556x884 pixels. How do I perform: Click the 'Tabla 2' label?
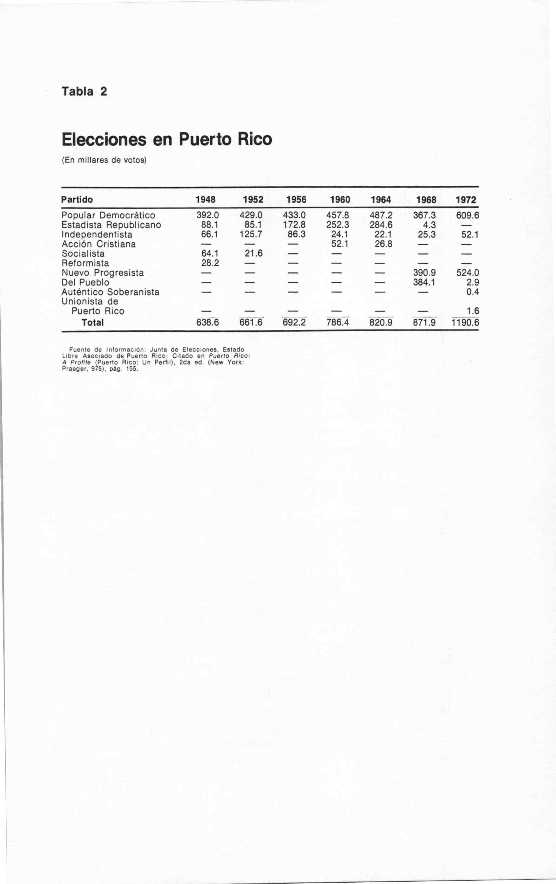(84, 91)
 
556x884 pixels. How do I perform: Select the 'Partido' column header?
(77, 200)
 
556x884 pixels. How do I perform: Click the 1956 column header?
(296, 200)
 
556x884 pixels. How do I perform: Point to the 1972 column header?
(466, 200)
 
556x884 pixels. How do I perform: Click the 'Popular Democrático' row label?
(108, 215)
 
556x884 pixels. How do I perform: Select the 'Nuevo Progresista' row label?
(103, 273)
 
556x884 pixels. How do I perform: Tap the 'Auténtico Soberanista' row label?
(111, 292)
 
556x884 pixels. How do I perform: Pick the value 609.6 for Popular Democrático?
(468, 215)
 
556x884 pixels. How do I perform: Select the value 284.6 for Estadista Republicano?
(381, 225)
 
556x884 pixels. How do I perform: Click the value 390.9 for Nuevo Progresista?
(424, 273)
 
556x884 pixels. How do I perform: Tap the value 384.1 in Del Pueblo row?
(424, 282)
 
